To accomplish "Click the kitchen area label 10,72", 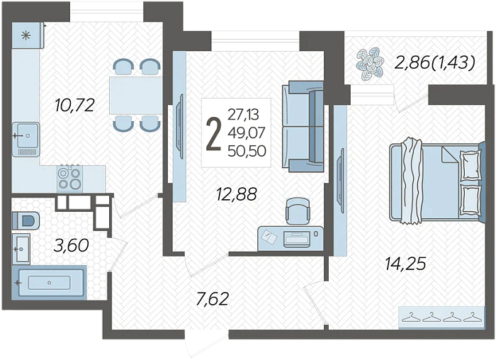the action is (74, 105).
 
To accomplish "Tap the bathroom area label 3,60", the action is (71, 245).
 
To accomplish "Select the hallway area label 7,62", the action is (213, 299).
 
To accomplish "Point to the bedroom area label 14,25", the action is (406, 264).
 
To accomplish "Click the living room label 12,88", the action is (236, 194).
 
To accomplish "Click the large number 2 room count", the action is (213, 133).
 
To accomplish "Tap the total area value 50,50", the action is (247, 151).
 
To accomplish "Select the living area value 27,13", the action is (243, 115).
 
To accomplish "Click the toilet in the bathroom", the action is (26, 220).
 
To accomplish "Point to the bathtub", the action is (49, 282).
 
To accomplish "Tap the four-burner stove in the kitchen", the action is (70, 178).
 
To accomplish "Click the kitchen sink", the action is (26, 139).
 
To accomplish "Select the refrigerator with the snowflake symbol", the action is (28, 35).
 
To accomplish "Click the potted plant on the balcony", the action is (370, 65).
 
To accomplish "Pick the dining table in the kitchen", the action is (135, 95).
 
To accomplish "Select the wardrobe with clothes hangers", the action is (441, 316).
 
